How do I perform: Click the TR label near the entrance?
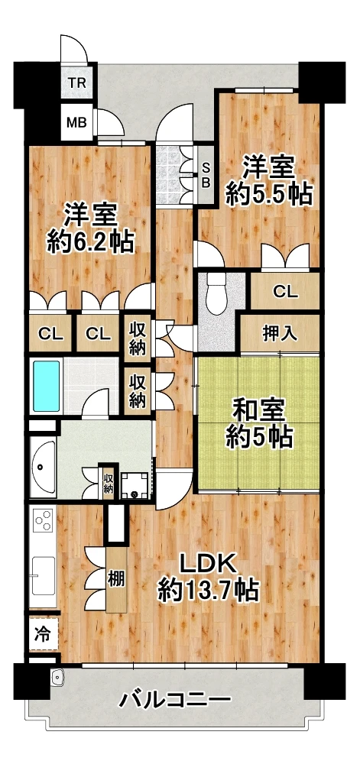tap(77, 82)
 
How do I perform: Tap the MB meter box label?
tap(77, 121)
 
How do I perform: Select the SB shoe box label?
tap(206, 175)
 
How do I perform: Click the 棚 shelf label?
tap(115, 579)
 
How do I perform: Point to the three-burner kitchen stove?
tap(43, 520)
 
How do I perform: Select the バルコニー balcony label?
tap(175, 701)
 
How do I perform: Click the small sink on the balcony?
tap(57, 677)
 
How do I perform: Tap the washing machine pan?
tap(134, 485)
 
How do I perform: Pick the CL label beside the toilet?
tap(285, 292)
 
